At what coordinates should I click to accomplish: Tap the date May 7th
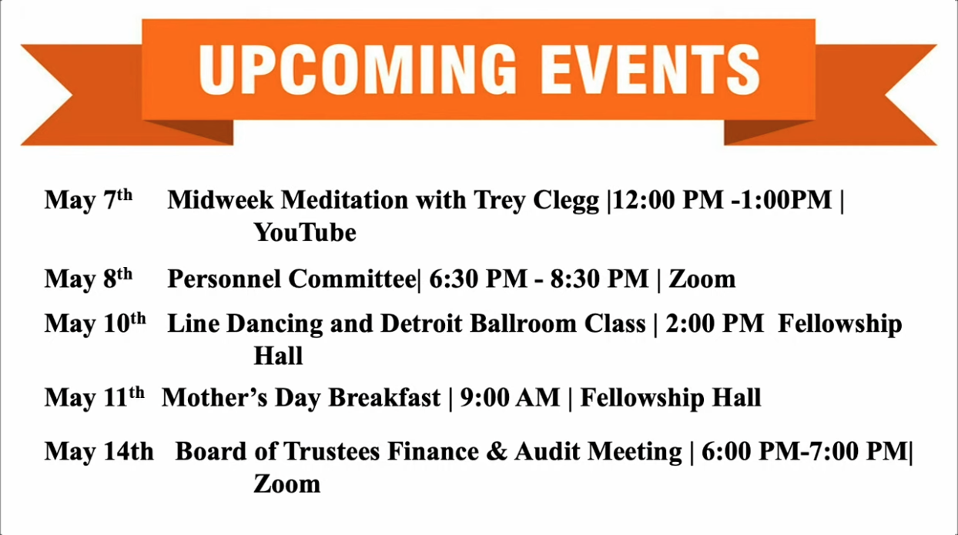click(89, 200)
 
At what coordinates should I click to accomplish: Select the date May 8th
click(89, 279)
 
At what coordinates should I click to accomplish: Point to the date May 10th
click(95, 323)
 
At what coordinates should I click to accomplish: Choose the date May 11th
click(95, 397)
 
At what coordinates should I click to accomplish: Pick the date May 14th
click(99, 452)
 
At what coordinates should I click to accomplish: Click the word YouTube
click(305, 232)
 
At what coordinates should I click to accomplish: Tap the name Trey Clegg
click(536, 200)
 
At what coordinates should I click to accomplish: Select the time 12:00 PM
click(668, 199)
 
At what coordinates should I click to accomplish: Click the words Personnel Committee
click(292, 279)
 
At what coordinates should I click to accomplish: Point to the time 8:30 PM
click(600, 279)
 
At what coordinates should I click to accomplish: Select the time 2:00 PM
click(715, 323)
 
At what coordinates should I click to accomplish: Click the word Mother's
click(215, 397)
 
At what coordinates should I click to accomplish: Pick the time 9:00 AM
click(510, 397)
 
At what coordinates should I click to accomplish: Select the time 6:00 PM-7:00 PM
click(805, 452)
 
